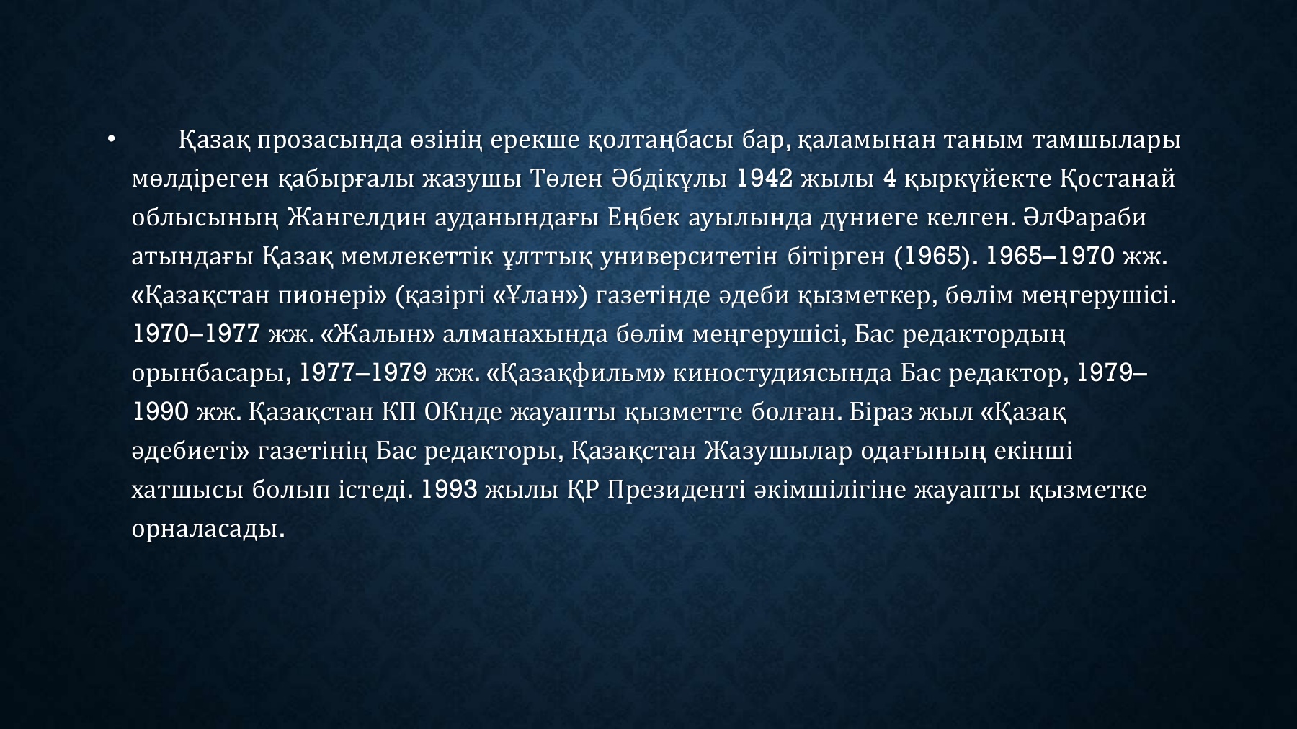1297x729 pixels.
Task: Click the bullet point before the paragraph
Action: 110,140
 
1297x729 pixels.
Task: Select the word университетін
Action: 688,256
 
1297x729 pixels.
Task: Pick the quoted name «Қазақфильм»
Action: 574,373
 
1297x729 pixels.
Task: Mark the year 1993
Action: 450,490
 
